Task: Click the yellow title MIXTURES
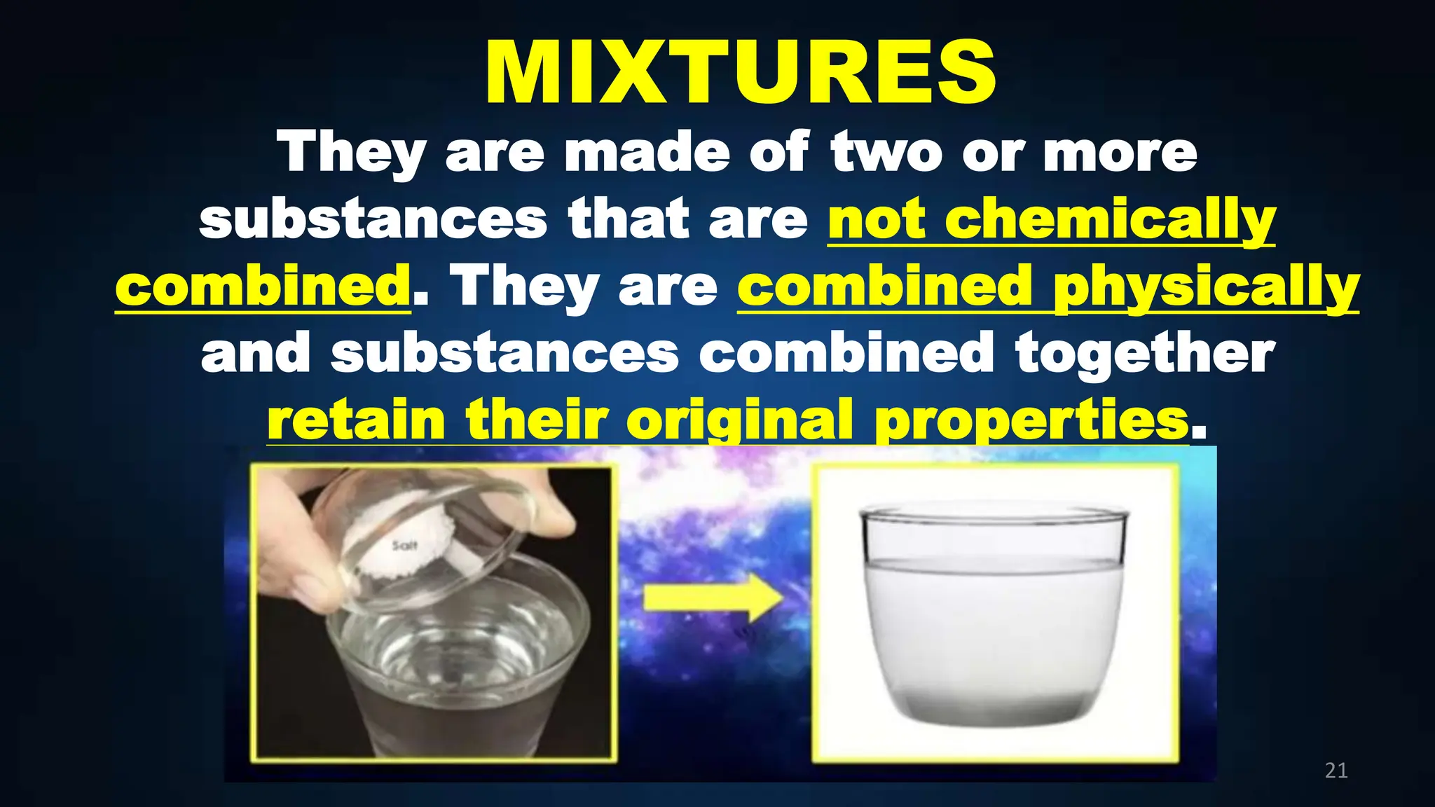740,73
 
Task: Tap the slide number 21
1336,771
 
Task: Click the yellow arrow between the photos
713,598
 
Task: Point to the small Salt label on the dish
405,545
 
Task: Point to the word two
886,152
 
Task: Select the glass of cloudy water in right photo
994,616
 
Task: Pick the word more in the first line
1120,152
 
